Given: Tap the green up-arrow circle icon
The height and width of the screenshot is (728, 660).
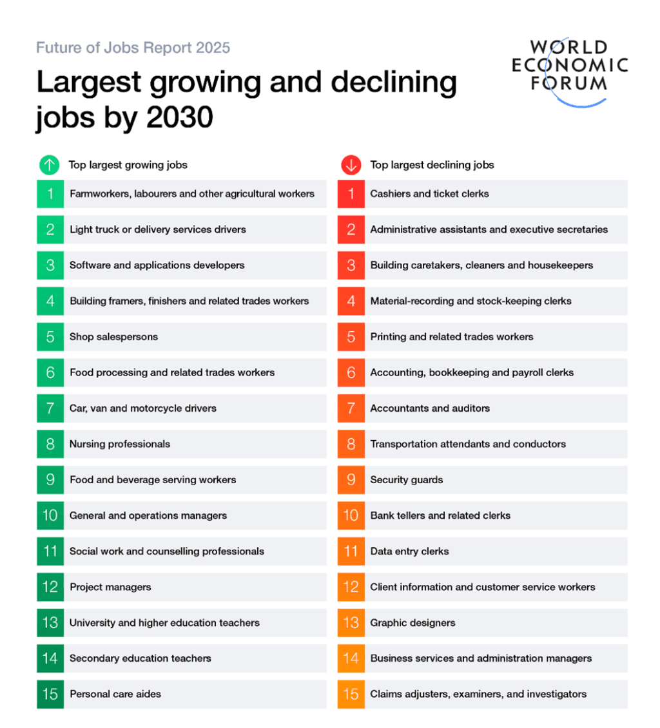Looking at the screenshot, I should coord(49,165).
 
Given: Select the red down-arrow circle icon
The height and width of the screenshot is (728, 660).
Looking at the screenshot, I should coord(351,165).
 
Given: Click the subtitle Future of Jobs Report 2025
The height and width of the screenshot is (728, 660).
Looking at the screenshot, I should coord(133,48).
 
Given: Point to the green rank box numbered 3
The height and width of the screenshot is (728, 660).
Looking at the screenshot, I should coord(50,265).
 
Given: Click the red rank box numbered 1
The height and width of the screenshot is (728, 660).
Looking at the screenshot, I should coord(351,194).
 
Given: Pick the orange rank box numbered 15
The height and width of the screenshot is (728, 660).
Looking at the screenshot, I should coord(351,694).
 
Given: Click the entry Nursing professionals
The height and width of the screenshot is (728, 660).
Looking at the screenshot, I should coord(120,444).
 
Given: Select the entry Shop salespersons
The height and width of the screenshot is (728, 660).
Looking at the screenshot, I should coord(113,337).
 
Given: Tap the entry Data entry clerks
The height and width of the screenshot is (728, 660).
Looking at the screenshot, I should coord(409,551).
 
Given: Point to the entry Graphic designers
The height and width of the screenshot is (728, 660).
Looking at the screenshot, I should coord(412,623).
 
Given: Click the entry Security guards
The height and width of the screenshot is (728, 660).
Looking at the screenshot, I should coord(406,480).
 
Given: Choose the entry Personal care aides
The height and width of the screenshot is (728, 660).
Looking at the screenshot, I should coord(115,694).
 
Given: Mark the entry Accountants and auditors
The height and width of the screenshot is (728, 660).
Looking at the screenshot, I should coord(430,408).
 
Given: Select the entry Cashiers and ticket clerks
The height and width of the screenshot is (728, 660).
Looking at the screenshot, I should coord(429,194).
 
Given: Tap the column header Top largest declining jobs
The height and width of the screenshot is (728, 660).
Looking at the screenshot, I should coord(432,165).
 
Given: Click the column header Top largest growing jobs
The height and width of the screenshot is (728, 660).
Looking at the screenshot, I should coord(128,165).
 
